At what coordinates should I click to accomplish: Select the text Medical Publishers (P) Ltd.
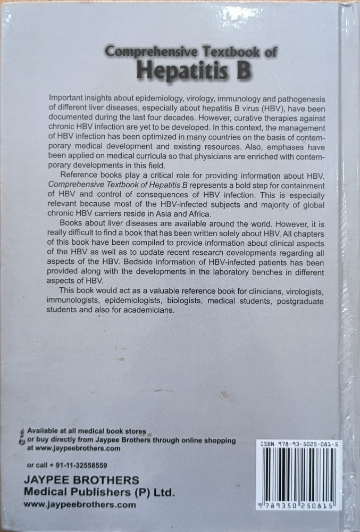[99, 492]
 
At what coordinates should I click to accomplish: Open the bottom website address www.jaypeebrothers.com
[80, 504]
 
